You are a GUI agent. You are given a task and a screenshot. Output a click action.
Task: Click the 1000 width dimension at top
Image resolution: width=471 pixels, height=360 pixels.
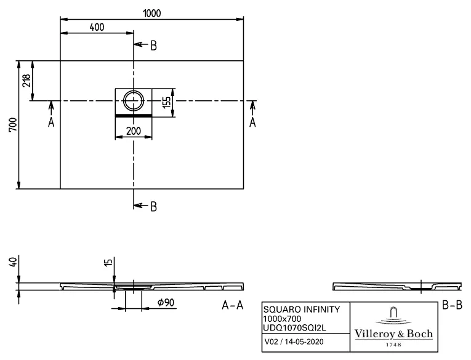pos(152,13)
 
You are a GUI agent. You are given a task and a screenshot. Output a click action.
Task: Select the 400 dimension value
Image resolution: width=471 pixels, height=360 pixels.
pos(97,27)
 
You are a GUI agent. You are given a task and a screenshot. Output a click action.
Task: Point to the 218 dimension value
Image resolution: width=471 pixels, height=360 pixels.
pos(26,81)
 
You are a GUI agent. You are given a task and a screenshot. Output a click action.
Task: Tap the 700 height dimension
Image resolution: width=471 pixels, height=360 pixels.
pos(13,124)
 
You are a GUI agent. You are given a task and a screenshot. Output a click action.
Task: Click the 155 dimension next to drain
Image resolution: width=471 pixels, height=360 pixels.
pos(166,102)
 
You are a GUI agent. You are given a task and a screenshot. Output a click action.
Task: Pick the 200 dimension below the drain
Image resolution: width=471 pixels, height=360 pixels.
pos(134,131)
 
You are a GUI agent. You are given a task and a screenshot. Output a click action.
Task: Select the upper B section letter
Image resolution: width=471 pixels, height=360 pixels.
pos(153,46)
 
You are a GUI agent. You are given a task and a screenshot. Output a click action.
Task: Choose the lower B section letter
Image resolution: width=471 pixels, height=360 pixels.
pos(153,207)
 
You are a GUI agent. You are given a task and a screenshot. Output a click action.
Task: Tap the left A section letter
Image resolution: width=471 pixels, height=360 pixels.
pos(51,122)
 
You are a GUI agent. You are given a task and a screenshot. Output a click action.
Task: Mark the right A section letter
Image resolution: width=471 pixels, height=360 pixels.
pos(252,122)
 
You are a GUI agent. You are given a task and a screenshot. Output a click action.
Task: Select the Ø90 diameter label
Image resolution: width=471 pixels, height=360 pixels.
pos(166,303)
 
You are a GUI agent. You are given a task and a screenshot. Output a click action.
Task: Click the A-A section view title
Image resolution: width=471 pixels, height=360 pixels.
pos(232,305)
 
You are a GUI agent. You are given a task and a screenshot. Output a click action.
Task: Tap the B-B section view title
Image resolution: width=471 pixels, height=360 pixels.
pos(452,305)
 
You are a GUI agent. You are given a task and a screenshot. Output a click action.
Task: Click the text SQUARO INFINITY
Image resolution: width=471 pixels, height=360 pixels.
pos(302,310)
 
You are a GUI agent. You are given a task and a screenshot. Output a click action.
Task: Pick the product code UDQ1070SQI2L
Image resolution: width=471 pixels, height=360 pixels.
pos(294,328)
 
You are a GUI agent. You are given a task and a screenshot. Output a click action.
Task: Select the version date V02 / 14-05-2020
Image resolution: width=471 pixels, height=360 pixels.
pos(294,342)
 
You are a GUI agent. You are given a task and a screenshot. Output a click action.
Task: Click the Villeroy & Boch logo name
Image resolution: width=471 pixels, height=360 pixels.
pos(393,334)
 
